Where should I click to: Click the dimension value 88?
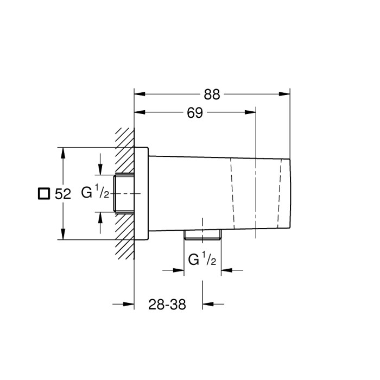212,94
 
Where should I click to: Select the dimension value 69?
195,113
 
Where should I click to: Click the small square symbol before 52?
43,193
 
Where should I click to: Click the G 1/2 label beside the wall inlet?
96,193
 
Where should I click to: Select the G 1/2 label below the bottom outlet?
202,260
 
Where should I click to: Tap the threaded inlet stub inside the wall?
124,193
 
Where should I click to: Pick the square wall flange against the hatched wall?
141,193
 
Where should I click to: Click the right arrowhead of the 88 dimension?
286,94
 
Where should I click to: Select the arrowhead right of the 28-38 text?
208,305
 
